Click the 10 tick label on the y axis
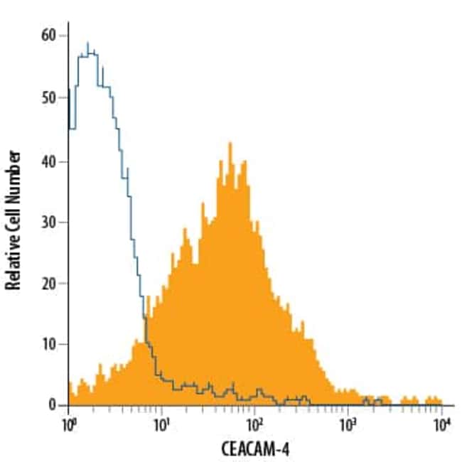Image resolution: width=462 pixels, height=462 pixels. [x=52, y=344]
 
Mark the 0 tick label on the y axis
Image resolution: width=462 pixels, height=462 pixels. [x=55, y=405]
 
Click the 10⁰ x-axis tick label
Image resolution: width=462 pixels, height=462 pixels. [x=68, y=426]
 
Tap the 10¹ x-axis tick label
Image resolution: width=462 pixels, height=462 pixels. [x=161, y=426]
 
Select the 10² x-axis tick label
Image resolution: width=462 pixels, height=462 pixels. [x=254, y=426]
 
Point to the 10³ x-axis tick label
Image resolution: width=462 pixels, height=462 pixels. [x=348, y=426]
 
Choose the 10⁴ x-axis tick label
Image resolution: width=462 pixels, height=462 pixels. [x=441, y=426]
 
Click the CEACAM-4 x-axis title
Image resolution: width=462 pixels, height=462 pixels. [x=254, y=449]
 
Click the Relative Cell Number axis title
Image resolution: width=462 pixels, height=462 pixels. [x=13, y=220]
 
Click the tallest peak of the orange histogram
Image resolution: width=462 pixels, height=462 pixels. [x=230, y=144]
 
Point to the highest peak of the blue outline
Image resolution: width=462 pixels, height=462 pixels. [x=87, y=43]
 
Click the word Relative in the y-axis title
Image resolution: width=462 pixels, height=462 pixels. [x=13, y=264]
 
